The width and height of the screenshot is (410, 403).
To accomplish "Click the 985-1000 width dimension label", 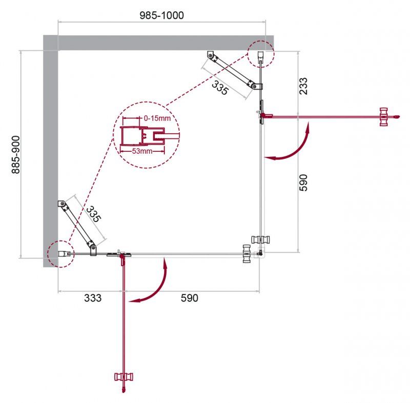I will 161,15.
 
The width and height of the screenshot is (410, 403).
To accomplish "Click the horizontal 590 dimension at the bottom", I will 189,298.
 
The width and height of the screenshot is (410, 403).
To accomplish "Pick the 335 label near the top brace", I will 220,88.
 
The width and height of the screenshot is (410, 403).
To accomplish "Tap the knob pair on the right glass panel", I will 261,239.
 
